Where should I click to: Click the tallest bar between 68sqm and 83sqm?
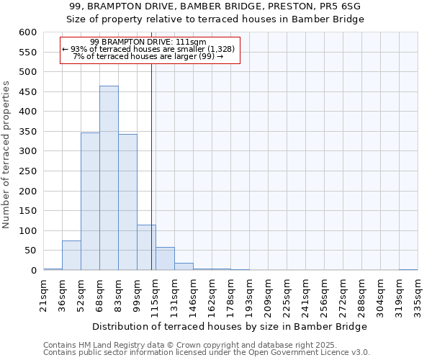click(x=109, y=178)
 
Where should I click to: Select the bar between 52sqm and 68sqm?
click(x=90, y=202)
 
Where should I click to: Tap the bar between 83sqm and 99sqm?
click(x=127, y=202)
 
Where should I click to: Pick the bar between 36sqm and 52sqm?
click(x=71, y=256)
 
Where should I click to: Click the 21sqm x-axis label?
click(x=44, y=292)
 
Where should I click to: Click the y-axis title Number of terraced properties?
click(x=7, y=155)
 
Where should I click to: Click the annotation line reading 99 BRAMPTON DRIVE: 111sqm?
click(x=149, y=42)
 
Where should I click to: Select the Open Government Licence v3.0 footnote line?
click(x=207, y=352)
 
